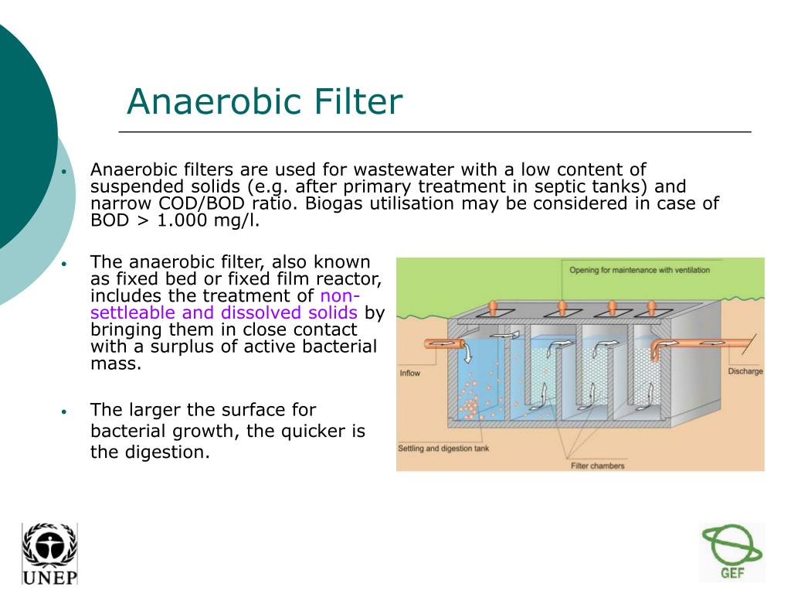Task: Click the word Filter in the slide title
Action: click(x=358, y=101)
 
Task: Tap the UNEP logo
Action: click(x=49, y=554)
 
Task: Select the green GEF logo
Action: click(x=732, y=551)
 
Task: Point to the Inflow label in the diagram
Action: click(x=409, y=374)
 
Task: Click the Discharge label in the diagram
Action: click(x=745, y=371)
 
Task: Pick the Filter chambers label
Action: click(x=597, y=466)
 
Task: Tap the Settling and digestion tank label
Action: click(x=443, y=449)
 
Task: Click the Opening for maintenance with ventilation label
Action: click(x=640, y=270)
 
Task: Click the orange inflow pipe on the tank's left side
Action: click(x=444, y=344)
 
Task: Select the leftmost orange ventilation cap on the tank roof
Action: click(x=493, y=307)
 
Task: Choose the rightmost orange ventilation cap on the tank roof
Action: click(x=651, y=307)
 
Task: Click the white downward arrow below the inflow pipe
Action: click(x=467, y=353)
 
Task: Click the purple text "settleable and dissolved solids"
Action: click(x=224, y=312)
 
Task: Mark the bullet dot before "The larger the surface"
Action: click(x=64, y=411)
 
